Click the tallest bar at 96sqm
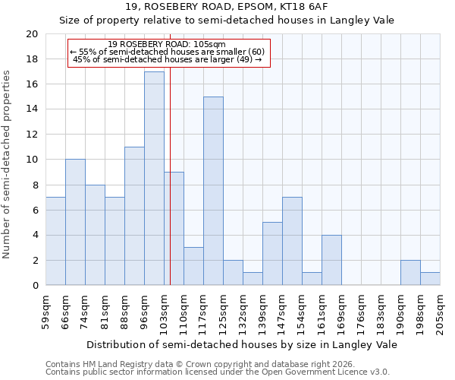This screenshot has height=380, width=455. [x=154, y=179]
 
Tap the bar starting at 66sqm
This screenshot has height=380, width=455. [x=75, y=222]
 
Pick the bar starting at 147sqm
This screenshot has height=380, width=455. [x=292, y=241]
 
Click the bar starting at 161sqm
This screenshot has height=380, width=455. [x=331, y=260]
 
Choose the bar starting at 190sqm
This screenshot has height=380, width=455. [x=410, y=273]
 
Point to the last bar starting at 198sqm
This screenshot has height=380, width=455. [x=430, y=279]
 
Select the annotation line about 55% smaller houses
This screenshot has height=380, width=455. [x=167, y=52]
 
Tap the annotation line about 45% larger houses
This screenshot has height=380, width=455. [x=167, y=59]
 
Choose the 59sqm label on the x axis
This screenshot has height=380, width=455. [x=45, y=312]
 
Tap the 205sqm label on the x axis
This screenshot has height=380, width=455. [x=440, y=312]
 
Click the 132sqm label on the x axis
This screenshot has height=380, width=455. [x=243, y=312]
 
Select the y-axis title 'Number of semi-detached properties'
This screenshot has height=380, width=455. [x=8, y=164]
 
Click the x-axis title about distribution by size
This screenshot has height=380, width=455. [x=242, y=344]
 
